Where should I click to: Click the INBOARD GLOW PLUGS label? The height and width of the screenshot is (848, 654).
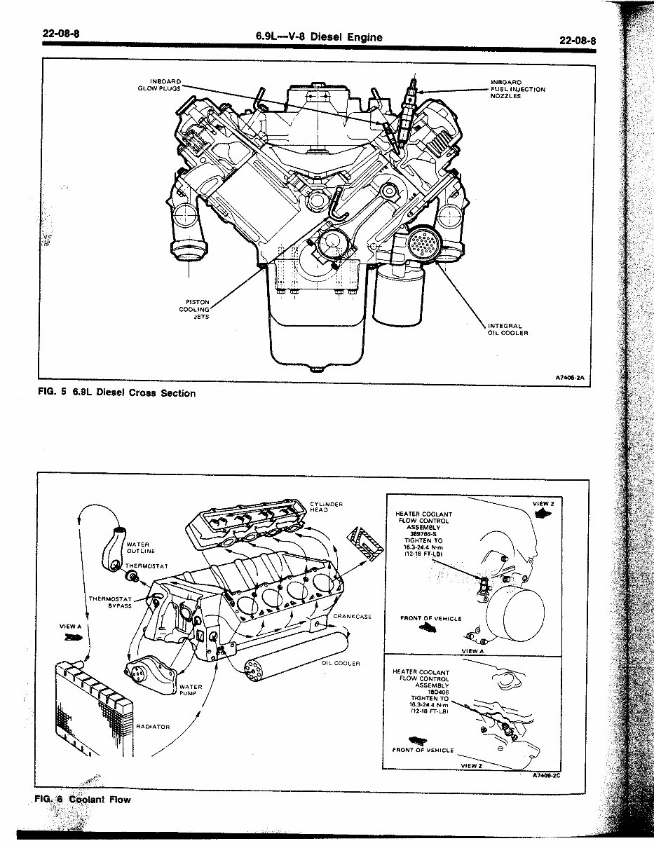pos(165,85)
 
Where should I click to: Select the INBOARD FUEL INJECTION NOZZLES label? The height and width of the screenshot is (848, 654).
pos(517,89)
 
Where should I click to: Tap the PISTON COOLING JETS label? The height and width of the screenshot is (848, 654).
pos(197,309)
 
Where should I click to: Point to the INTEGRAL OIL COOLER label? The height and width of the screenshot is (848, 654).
pos(507,329)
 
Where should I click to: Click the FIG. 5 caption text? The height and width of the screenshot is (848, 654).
pos(116,393)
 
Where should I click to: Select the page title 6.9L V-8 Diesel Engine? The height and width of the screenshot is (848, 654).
pos(320,37)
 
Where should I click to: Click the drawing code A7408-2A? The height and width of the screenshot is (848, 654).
pos(569,377)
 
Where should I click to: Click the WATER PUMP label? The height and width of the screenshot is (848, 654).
pos(191,691)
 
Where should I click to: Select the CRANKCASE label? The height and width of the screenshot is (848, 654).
pos(351,617)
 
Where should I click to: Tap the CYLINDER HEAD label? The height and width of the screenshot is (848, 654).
pos(325,506)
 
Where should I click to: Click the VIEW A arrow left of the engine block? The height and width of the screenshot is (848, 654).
pos(72,637)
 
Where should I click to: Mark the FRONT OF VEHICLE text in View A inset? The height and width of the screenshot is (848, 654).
pos(430,618)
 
